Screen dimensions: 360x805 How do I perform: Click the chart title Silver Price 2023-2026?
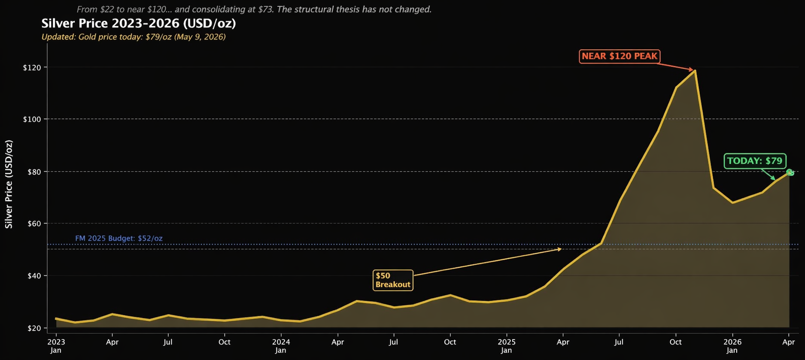tap(138, 23)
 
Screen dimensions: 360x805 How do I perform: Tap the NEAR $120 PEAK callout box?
tap(619, 56)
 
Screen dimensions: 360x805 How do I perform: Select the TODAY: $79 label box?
tap(754, 161)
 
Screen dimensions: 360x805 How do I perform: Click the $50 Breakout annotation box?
tap(393, 280)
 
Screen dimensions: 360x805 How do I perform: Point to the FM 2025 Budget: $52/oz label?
tap(118, 238)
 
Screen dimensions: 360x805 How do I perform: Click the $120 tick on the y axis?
tap(32, 67)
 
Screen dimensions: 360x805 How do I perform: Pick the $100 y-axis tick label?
tap(32, 119)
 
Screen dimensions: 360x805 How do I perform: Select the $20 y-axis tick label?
tap(33, 328)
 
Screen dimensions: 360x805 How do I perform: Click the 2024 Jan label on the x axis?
tap(281, 346)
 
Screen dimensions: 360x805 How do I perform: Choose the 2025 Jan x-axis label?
tap(507, 346)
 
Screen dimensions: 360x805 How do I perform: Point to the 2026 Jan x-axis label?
tap(732, 346)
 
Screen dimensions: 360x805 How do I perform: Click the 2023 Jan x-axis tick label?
tap(56, 346)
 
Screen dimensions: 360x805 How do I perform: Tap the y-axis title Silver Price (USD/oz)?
tap(9, 184)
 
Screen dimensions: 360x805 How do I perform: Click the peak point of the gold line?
tap(695, 71)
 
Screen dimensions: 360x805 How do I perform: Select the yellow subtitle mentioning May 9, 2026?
tap(134, 37)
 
